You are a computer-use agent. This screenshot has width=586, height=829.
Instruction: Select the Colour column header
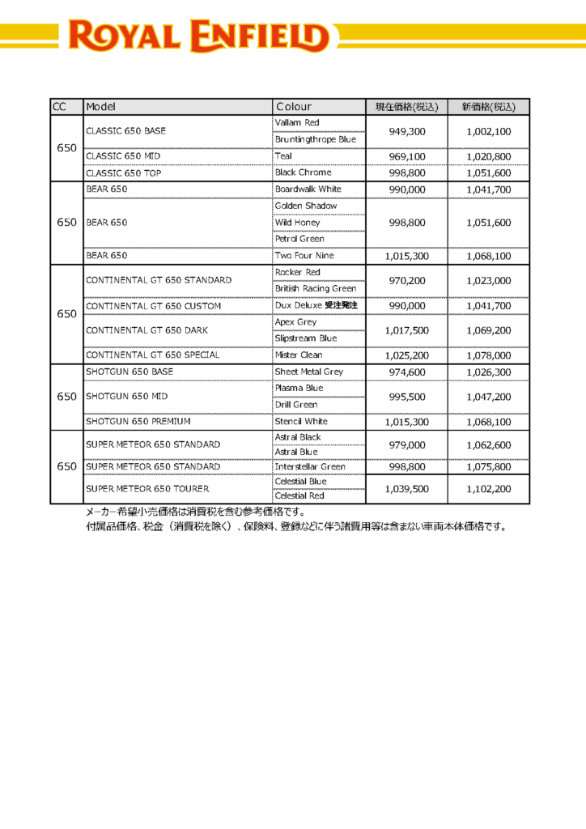click(293, 107)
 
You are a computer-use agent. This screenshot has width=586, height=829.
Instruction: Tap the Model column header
click(101, 107)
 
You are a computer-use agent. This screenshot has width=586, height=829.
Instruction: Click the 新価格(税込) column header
click(488, 107)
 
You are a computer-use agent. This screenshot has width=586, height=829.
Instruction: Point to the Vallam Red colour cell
click(298, 123)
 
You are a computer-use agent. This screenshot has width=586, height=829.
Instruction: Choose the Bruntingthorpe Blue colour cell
click(315, 139)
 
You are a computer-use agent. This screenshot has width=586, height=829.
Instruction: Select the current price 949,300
click(406, 131)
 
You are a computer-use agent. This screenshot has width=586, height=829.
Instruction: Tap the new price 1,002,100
click(488, 131)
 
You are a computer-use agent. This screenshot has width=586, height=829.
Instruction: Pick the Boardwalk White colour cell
click(308, 189)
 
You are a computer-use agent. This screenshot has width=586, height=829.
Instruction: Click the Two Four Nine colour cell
click(304, 256)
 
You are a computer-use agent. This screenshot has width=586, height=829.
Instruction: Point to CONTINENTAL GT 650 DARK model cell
click(146, 330)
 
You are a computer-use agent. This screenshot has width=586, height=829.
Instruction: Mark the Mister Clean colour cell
click(299, 355)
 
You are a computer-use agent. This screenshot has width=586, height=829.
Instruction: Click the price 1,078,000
click(488, 355)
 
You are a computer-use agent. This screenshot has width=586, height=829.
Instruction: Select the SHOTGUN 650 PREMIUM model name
click(138, 422)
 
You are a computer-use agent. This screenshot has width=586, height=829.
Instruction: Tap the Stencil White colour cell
click(301, 422)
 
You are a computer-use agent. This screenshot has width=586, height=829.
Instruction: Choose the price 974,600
click(406, 372)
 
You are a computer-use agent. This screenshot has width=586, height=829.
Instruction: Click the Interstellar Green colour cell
click(310, 467)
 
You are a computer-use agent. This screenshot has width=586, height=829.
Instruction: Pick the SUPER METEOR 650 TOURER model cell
click(147, 489)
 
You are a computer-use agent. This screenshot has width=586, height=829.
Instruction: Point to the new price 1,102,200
click(488, 489)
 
